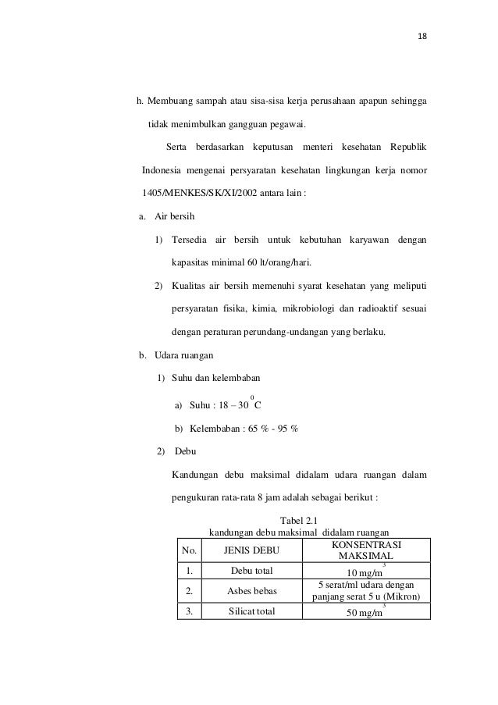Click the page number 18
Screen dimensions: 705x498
(423, 37)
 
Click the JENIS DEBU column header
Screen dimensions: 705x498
(250, 550)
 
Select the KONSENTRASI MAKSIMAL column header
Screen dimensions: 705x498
(365, 550)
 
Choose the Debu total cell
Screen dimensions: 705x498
(250, 571)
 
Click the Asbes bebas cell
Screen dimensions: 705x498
(250, 592)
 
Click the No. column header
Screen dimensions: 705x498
(190, 550)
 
